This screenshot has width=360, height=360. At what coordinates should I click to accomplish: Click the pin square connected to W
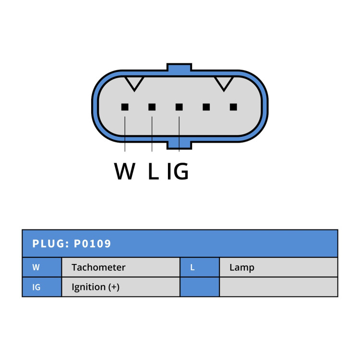pos(125,107)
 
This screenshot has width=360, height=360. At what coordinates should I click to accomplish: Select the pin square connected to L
pos(152,107)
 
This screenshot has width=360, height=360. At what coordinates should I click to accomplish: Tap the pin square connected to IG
pos(179,107)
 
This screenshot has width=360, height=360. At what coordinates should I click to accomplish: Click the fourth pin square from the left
pos(206,107)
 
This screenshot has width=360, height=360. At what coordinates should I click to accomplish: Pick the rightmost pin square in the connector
pos(233,107)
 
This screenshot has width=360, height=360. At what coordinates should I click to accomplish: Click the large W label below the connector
pos(124,171)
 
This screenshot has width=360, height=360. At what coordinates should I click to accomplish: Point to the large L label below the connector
pos(154,171)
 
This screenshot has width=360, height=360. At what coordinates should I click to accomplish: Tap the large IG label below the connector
pos(178,171)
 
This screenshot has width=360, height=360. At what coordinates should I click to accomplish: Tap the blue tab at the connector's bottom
pos(179,144)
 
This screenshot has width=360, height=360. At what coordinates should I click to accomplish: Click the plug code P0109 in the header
pos(92,243)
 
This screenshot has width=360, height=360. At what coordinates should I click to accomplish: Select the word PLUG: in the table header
pos(51,243)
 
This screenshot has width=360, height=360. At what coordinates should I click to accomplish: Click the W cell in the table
pos(42,267)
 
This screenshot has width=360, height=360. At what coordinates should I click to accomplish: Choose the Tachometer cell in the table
pos(121,267)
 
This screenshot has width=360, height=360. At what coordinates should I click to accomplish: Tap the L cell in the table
pos(200,267)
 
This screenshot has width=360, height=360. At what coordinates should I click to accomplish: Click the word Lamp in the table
pos(242,268)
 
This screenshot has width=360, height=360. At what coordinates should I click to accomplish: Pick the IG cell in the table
pos(42,287)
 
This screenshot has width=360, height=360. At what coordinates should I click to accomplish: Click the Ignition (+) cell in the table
pos(121,287)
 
